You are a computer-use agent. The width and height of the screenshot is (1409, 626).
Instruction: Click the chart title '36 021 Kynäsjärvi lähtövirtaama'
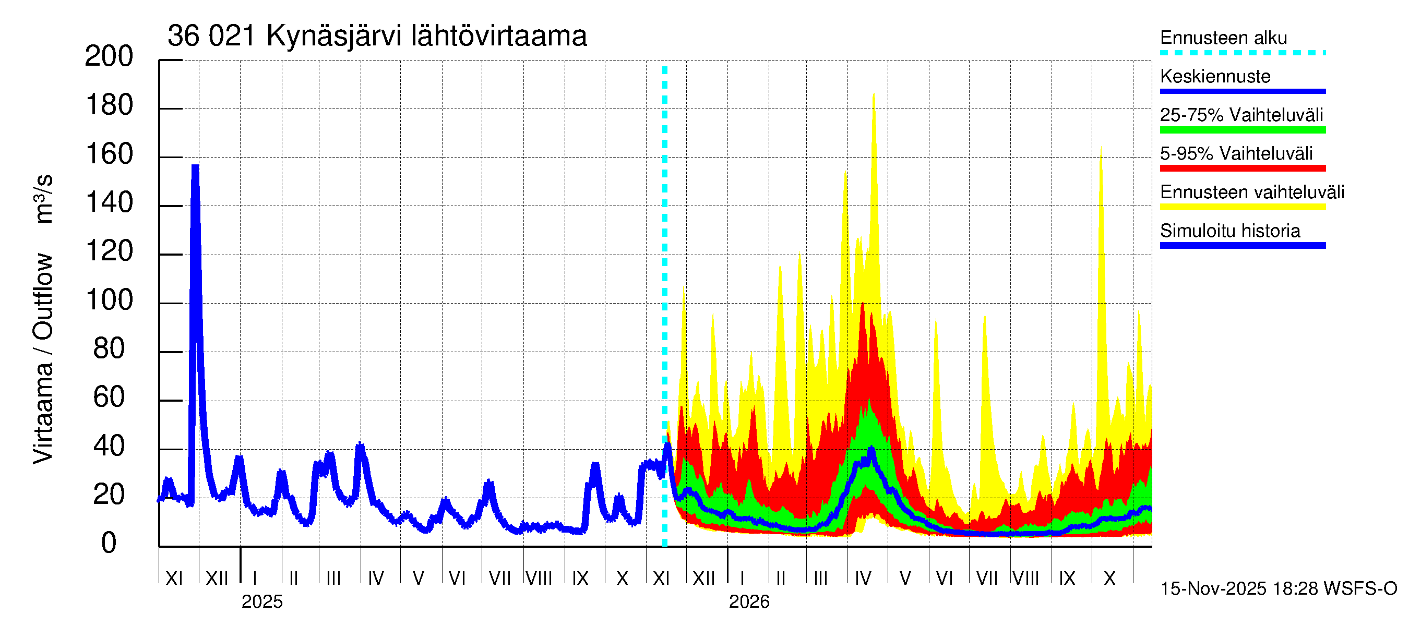(377, 36)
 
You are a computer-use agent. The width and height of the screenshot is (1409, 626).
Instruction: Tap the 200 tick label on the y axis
(109, 56)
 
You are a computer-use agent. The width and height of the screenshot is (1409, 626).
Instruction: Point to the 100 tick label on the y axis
(110, 300)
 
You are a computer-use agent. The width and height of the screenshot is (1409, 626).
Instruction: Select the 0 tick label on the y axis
(109, 543)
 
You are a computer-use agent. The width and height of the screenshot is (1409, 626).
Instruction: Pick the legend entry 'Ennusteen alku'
(1223, 38)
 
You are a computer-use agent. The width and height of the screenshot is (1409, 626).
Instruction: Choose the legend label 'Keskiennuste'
(1215, 76)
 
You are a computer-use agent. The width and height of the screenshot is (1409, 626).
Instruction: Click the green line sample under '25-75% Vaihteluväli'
(1242, 130)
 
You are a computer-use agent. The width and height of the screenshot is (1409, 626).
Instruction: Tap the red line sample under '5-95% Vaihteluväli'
(1242, 168)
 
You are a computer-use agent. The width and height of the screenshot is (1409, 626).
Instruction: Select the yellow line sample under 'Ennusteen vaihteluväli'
(1242, 207)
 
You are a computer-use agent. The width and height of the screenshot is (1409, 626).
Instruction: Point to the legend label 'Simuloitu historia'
(1229, 231)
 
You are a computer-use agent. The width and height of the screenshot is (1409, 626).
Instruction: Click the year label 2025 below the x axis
(262, 601)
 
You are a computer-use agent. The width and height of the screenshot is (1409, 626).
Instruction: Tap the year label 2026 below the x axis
(749, 601)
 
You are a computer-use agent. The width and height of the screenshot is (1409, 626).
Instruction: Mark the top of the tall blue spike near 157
(195, 166)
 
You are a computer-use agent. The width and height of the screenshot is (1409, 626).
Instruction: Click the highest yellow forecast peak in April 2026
(874, 94)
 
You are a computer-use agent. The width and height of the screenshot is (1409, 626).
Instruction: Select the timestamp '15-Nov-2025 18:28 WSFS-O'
(1278, 588)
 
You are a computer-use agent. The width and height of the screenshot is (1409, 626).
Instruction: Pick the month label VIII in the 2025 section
(539, 578)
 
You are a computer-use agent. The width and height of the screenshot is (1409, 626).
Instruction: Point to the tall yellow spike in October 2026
(1101, 149)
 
